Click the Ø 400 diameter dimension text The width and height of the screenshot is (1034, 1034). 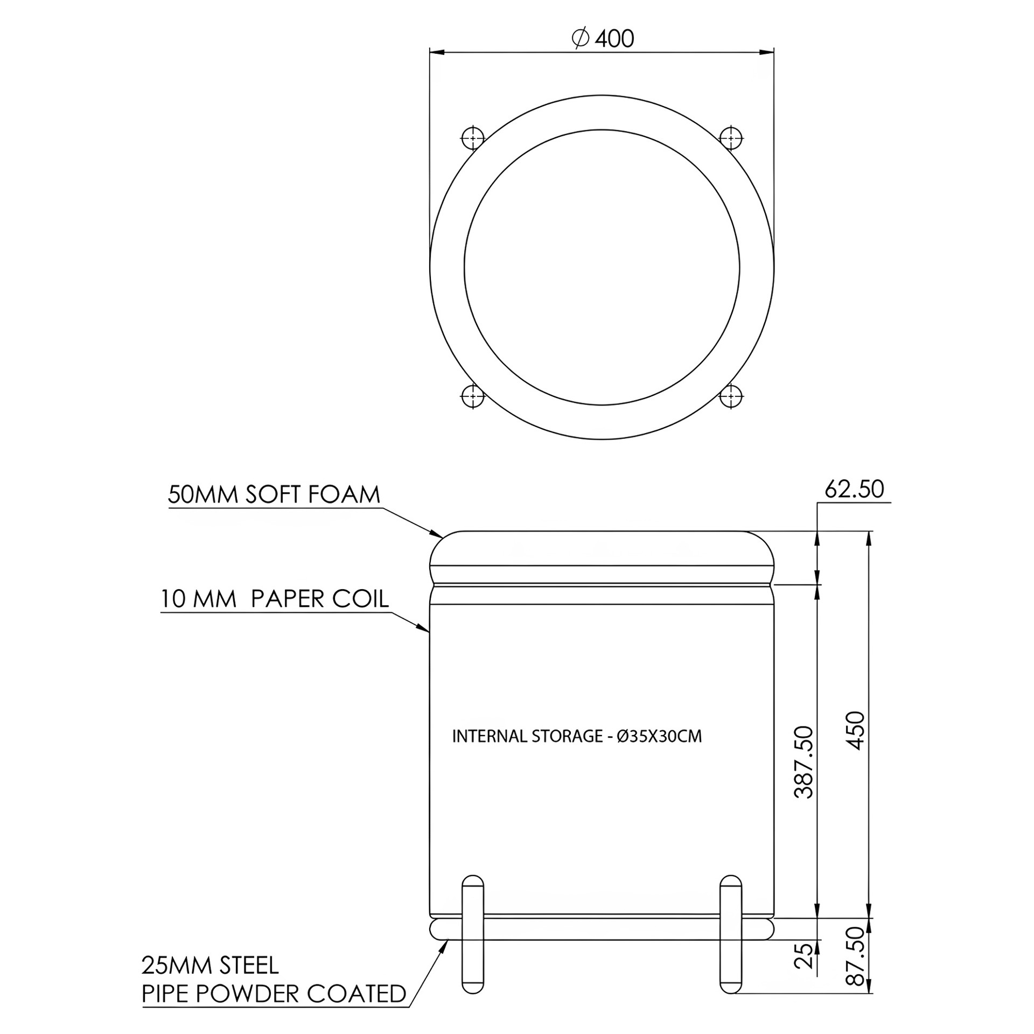pos(602,38)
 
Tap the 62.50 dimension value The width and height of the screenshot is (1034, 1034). pos(854,489)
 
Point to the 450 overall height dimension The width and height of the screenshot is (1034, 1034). pos(855,730)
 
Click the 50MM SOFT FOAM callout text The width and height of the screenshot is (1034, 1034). pos(274,494)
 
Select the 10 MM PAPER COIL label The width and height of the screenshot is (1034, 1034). pos(275,599)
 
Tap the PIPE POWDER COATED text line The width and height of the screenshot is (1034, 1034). pos(274,994)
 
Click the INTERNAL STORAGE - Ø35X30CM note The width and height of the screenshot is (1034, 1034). pos(577,736)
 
